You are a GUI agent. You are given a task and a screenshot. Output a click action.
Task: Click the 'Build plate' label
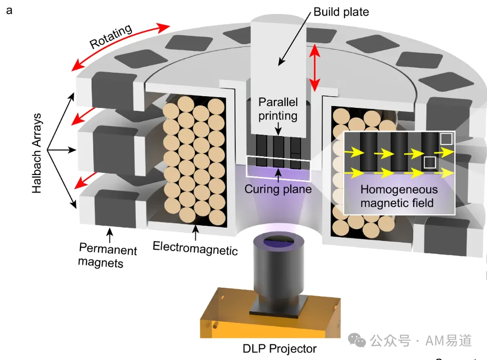click(x=341, y=12)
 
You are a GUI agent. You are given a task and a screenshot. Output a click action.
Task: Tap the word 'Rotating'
click(x=110, y=36)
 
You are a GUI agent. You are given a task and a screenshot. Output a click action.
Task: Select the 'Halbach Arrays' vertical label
click(x=37, y=153)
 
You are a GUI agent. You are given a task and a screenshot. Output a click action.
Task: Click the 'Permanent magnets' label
click(x=108, y=255)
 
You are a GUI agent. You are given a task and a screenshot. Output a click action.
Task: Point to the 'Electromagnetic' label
click(x=195, y=248)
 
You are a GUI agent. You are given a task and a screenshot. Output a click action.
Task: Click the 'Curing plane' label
click(x=278, y=189)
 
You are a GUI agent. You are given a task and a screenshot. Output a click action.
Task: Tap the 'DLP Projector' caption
click(x=279, y=349)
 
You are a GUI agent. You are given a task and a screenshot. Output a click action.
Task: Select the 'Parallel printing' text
click(x=278, y=108)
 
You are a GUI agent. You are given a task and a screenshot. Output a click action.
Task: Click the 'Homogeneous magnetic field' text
click(x=399, y=196)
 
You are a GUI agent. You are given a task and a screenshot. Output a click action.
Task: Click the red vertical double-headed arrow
click(x=315, y=68)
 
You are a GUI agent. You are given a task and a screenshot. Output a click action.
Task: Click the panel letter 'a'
click(x=9, y=10)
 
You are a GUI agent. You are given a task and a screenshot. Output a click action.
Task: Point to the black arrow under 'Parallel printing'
click(x=278, y=129)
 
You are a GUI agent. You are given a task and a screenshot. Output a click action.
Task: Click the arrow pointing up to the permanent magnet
click(x=109, y=236)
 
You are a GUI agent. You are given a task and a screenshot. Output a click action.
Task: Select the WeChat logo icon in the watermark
click(x=356, y=340)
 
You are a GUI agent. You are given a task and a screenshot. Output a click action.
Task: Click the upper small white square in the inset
click(x=446, y=139)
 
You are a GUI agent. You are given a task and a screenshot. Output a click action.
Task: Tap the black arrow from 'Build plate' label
click(x=294, y=39)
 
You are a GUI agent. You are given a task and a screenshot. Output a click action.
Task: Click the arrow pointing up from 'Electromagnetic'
click(x=195, y=233)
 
